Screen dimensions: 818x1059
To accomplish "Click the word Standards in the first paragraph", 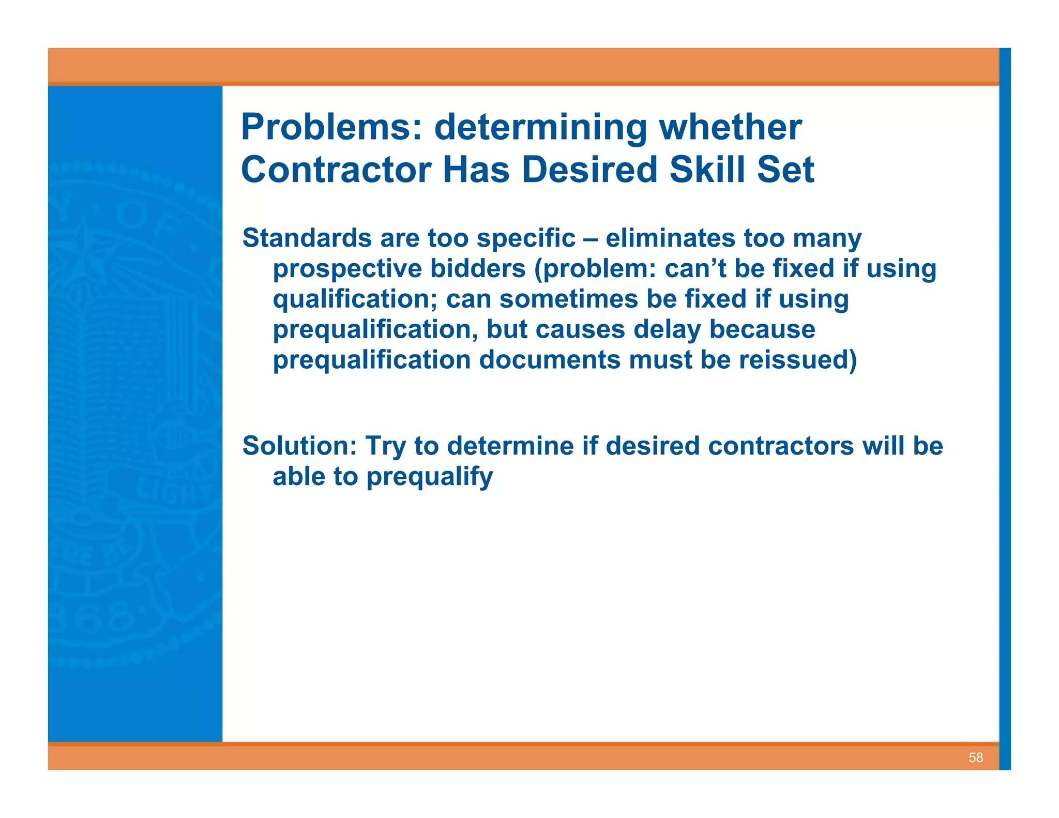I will [x=307, y=238].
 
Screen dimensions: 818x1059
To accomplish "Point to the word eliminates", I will [x=670, y=238].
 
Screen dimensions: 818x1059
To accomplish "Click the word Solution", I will [x=299, y=446].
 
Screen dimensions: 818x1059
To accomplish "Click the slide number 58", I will [x=975, y=758].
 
